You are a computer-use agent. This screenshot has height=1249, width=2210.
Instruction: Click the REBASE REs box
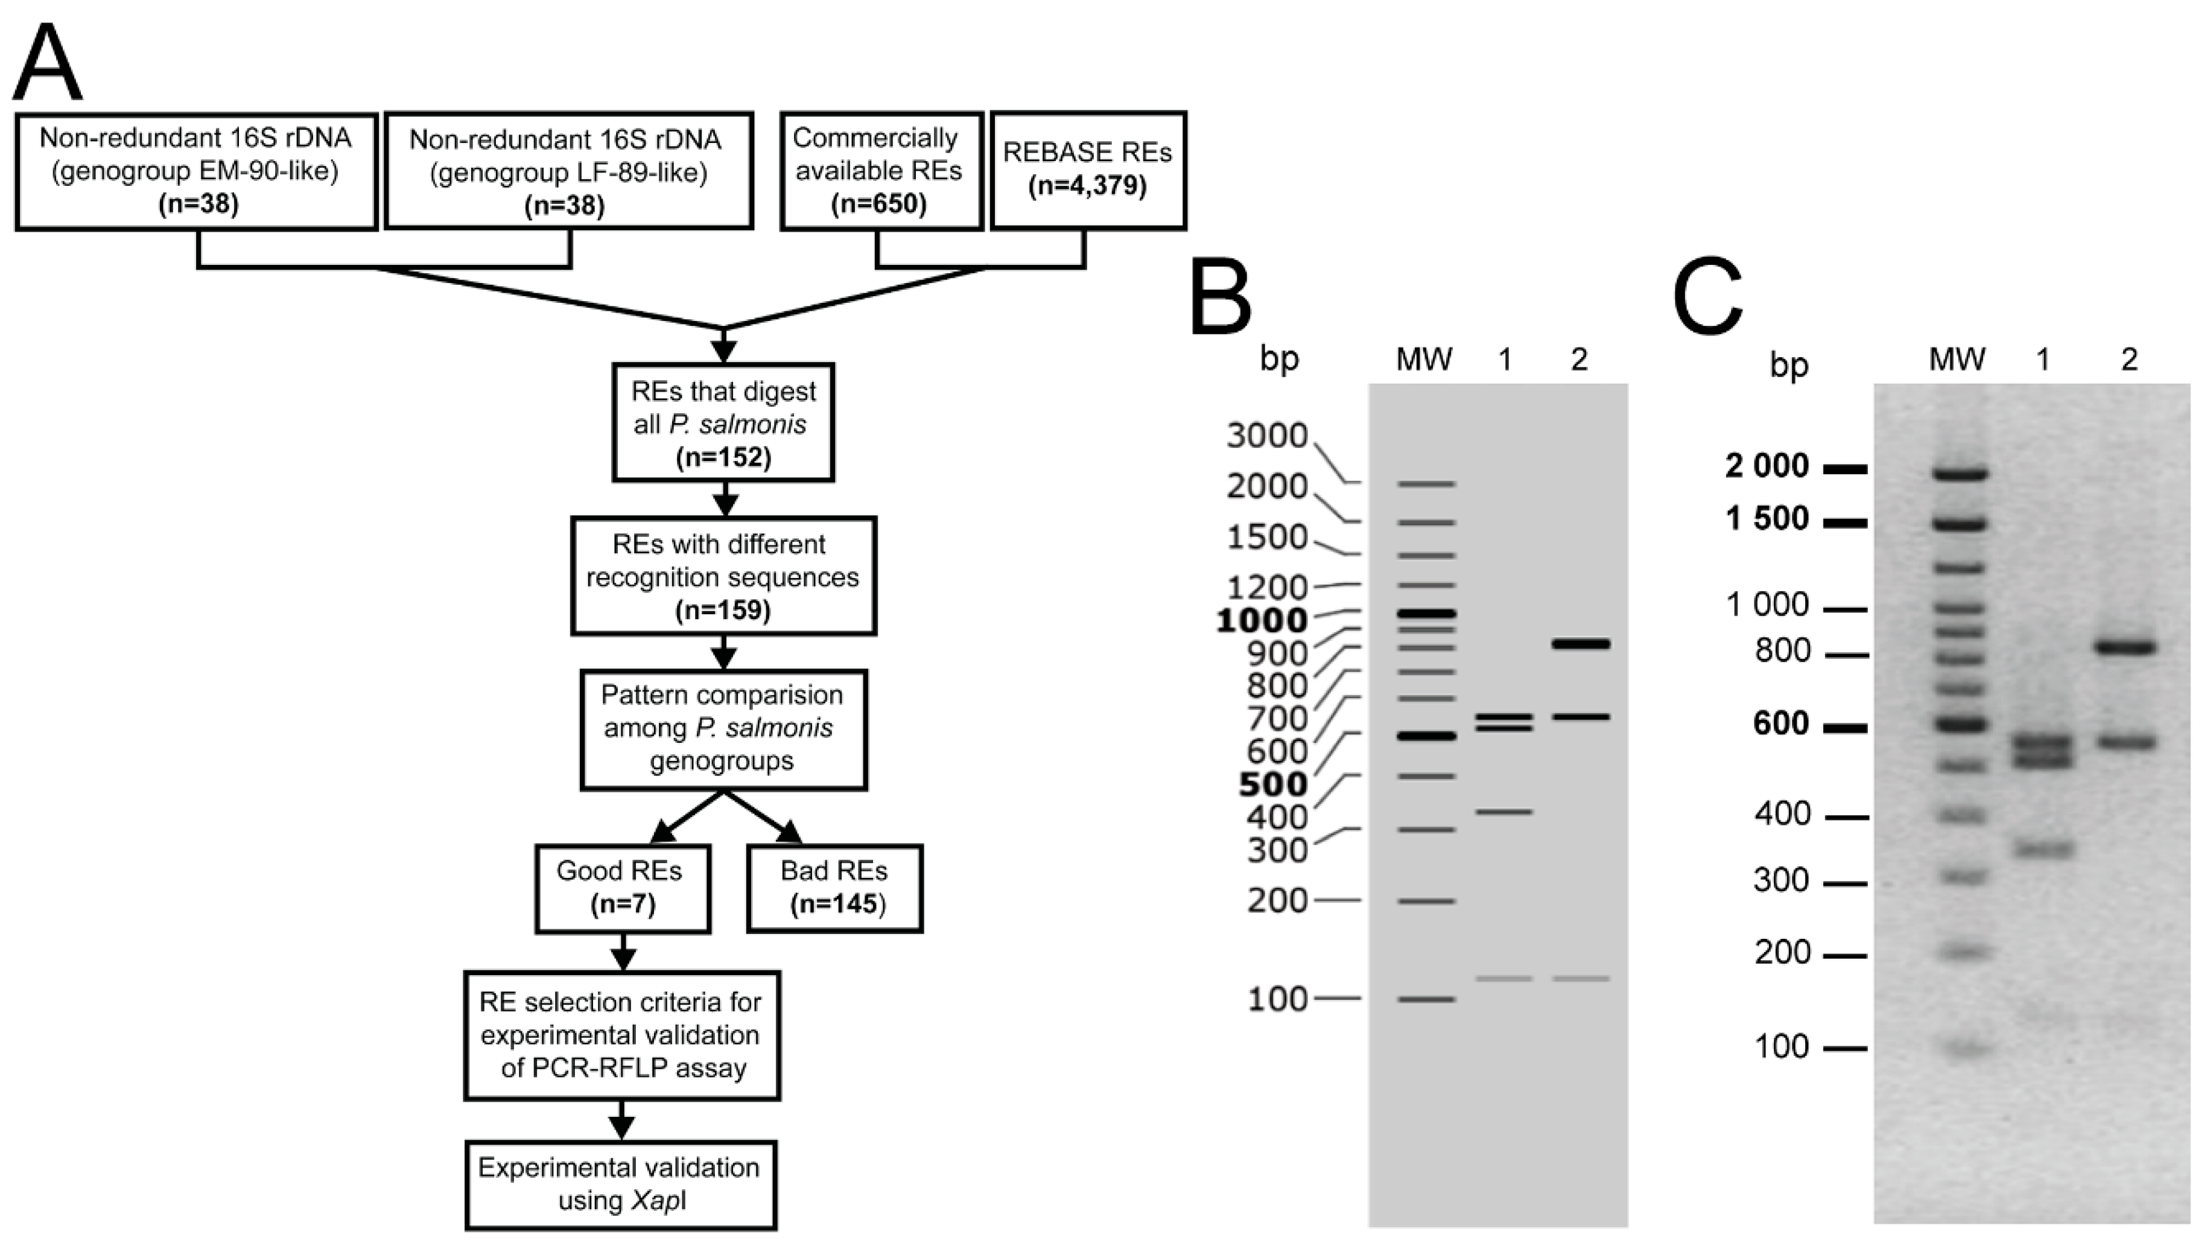click(x=1088, y=170)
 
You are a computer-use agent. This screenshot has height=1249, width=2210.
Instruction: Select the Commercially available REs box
click(x=881, y=170)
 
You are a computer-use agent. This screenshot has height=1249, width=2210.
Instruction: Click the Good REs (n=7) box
click(x=622, y=888)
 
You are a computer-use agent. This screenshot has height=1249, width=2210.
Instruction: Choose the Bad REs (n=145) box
click(x=834, y=888)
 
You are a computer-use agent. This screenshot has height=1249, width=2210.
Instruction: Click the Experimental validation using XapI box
click(x=620, y=1184)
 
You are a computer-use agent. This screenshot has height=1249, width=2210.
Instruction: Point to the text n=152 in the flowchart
click(x=723, y=456)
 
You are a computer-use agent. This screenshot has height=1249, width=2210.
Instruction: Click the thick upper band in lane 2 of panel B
click(x=1581, y=643)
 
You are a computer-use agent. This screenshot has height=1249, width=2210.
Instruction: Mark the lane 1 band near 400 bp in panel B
click(x=1503, y=811)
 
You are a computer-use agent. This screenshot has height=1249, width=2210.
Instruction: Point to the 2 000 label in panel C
click(x=1767, y=466)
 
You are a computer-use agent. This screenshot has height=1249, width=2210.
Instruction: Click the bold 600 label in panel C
click(x=1781, y=723)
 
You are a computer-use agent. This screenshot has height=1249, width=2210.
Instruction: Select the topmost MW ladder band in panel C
click(x=1960, y=472)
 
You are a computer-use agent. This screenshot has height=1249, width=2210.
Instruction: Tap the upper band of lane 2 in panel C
click(x=2126, y=647)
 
